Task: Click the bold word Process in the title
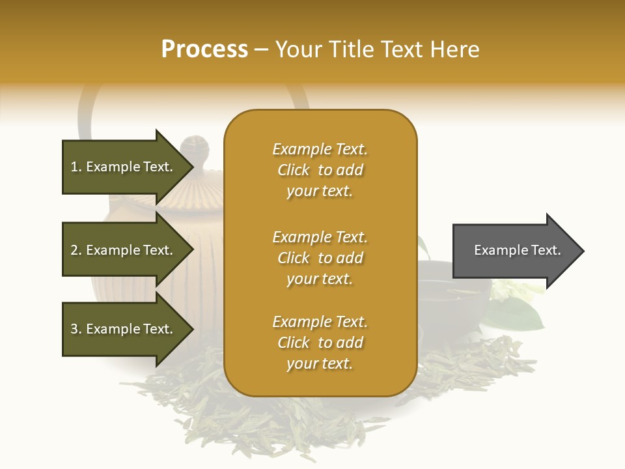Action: pos(204,50)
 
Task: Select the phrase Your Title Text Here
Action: pos(378,50)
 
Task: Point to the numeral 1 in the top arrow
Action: pos(74,167)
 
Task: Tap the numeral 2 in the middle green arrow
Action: pos(74,250)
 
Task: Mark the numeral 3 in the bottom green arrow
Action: pos(74,329)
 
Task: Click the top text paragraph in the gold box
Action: pos(320,170)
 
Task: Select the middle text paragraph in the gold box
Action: pos(320,258)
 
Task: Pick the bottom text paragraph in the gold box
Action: pos(320,343)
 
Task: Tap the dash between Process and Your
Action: pos(262,50)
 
